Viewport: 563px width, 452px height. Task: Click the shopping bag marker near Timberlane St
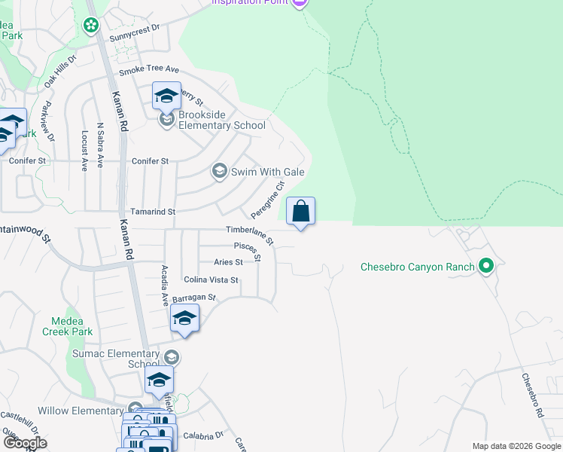pyautogui.click(x=300, y=212)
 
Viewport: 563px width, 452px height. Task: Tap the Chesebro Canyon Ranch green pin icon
pyautogui.click(x=486, y=266)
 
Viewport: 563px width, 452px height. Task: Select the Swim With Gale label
pyautogui.click(x=267, y=172)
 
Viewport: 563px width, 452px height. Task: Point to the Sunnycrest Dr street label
pyautogui.click(x=135, y=28)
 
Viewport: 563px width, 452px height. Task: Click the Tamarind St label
pyautogui.click(x=153, y=212)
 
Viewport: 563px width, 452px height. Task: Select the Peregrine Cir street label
pyautogui.click(x=269, y=198)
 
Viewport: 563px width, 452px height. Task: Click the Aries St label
pyautogui.click(x=228, y=262)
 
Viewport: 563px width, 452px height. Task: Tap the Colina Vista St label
pyautogui.click(x=211, y=279)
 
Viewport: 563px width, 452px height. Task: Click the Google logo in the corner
pyautogui.click(x=24, y=442)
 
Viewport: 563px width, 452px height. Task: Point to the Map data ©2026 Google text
pyautogui.click(x=516, y=446)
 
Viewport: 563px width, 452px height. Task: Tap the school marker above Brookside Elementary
pyautogui.click(x=167, y=96)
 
